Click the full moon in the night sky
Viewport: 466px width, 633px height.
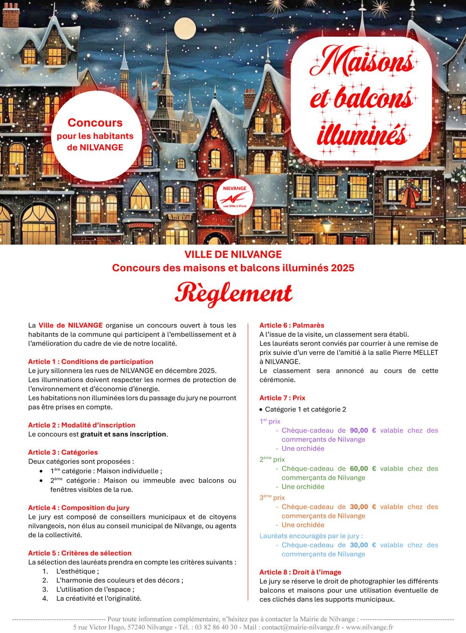[x=185, y=28]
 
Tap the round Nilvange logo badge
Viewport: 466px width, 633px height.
[x=235, y=197]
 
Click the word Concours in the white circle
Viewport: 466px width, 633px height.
[x=95, y=123]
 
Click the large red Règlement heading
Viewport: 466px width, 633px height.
[x=233, y=293]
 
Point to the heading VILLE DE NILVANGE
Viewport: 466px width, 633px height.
[x=233, y=254]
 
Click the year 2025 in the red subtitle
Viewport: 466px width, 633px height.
[x=343, y=268]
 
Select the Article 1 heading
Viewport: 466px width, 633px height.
[x=90, y=361]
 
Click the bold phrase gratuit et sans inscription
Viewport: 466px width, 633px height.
[x=123, y=434]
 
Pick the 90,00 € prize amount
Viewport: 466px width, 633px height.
[x=363, y=430]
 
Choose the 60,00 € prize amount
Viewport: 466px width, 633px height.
[x=363, y=469]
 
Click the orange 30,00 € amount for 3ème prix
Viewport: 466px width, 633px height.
[x=363, y=507]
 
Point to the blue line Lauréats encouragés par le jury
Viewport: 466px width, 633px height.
[x=311, y=536]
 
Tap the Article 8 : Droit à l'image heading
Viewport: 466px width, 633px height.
[x=300, y=572]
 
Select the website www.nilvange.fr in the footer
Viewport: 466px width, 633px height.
[x=369, y=627]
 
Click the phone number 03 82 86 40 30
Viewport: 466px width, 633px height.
[x=216, y=627]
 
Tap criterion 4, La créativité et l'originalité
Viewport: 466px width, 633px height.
[x=99, y=599]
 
